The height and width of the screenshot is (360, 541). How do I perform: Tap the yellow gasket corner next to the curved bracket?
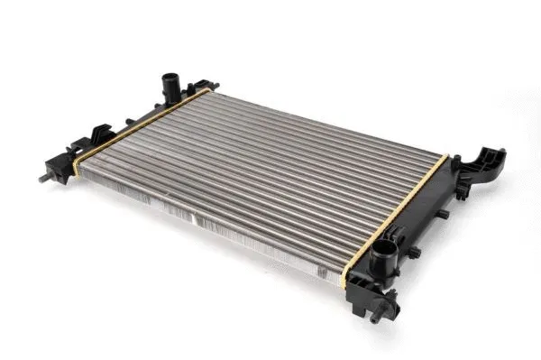(443, 160)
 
